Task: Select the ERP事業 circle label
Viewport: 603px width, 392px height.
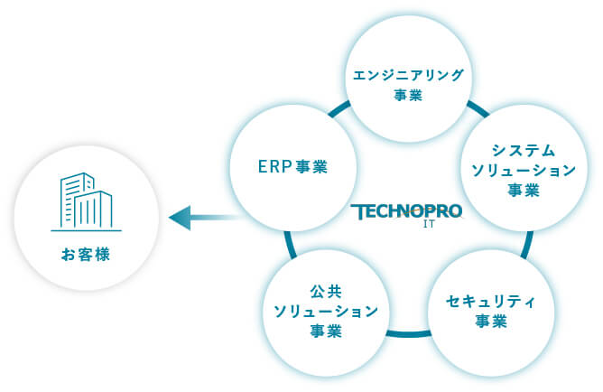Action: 291,167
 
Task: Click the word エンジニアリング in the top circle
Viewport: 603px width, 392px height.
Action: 409,75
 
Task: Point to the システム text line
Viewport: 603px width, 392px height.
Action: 523,150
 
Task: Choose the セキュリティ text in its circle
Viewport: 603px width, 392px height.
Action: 491,302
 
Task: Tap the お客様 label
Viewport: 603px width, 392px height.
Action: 86,255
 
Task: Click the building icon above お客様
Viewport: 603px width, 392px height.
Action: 86,202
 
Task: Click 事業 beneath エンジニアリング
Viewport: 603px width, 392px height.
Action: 409,96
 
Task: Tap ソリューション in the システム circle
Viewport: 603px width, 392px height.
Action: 523,170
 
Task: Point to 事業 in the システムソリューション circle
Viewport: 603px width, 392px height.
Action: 523,190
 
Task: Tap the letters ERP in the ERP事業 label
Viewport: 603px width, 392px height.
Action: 271,167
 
